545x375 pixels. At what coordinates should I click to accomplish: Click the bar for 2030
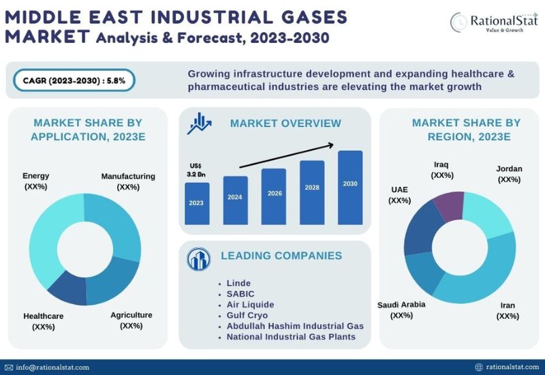click(350, 187)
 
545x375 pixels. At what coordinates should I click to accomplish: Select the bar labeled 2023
click(197, 203)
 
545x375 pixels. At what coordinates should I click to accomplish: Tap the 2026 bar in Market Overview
click(274, 196)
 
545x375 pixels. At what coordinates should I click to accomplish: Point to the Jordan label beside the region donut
click(509, 174)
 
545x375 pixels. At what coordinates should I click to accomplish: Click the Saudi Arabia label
click(401, 310)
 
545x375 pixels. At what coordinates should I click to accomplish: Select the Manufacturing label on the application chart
click(128, 181)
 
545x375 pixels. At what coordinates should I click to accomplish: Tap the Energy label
click(36, 181)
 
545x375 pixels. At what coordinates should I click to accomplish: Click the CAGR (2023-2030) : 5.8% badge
click(74, 80)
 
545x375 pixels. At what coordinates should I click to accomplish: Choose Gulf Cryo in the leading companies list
click(247, 315)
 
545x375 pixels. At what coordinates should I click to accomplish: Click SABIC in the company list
click(240, 294)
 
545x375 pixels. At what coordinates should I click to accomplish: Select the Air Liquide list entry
click(250, 304)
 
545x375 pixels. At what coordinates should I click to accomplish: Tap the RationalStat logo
click(494, 22)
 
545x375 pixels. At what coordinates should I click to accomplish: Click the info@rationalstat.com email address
click(52, 367)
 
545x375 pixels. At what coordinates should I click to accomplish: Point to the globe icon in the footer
click(479, 367)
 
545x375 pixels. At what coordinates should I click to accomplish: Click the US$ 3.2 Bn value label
click(196, 170)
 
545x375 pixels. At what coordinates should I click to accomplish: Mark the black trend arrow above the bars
click(287, 155)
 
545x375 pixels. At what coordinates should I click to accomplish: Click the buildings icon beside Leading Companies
click(198, 259)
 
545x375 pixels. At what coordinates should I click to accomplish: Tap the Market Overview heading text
click(285, 123)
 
